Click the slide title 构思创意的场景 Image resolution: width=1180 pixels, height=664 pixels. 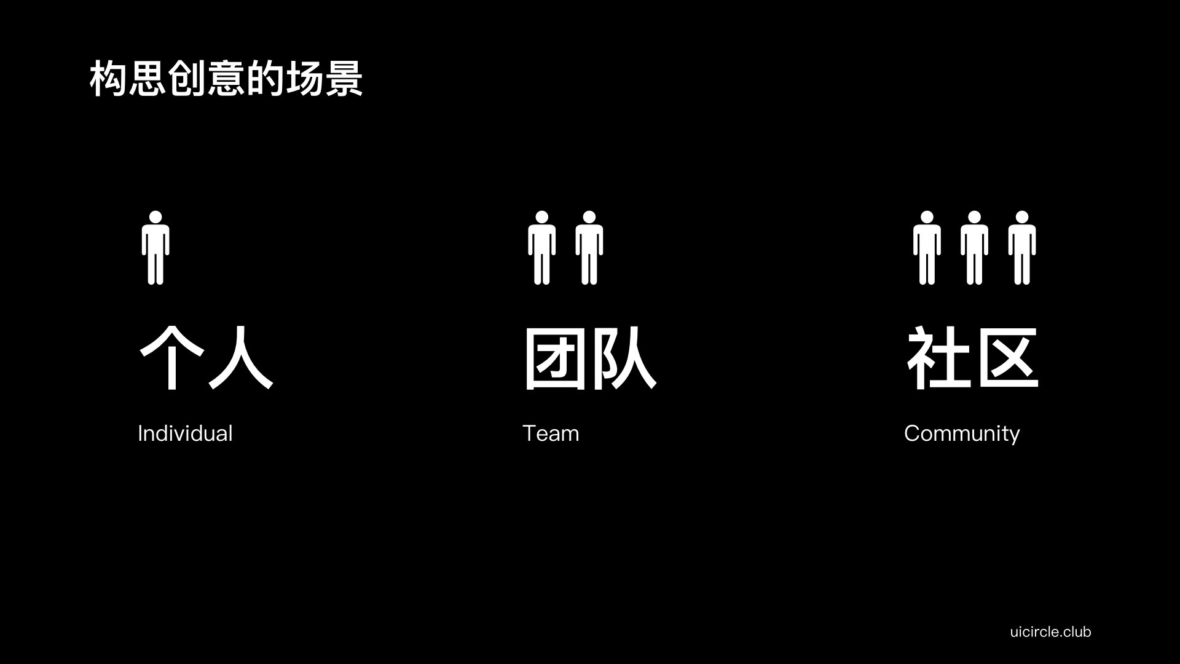pos(226,79)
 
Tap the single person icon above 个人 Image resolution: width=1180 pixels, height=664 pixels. pos(155,248)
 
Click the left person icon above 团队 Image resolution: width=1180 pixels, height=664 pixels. pos(541,248)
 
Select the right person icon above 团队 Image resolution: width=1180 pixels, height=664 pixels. pos(589,248)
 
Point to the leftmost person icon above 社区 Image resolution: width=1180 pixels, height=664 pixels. pos(927,248)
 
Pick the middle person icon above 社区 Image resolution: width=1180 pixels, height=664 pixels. pos(974,248)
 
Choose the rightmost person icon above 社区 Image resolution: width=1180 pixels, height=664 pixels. pos(1021,248)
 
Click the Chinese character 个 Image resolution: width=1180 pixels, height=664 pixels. pos(172,358)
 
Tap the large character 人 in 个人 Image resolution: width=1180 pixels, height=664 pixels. pos(241,358)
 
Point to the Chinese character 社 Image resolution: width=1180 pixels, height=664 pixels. pos(938,358)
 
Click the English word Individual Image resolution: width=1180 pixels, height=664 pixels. pos(185,433)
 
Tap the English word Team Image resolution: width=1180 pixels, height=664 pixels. pos(551,433)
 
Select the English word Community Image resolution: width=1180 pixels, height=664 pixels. pos(962,434)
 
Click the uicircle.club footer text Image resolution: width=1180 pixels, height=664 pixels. pos(1050,631)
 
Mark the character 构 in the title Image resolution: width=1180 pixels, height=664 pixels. pos(108,79)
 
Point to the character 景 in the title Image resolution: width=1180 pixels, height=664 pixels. pos(344,79)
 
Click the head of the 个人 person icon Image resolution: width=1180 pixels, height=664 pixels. pos(155,218)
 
